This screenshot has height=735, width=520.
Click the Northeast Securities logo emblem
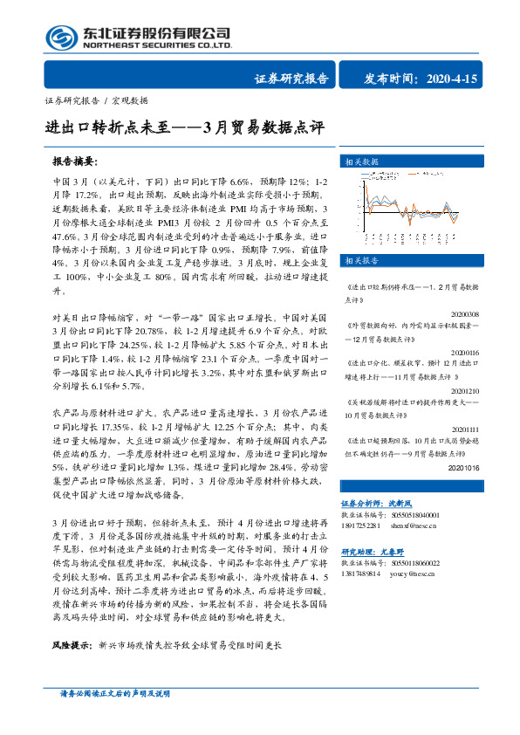click(x=58, y=37)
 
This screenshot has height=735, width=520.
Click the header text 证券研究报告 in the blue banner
click(x=291, y=79)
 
